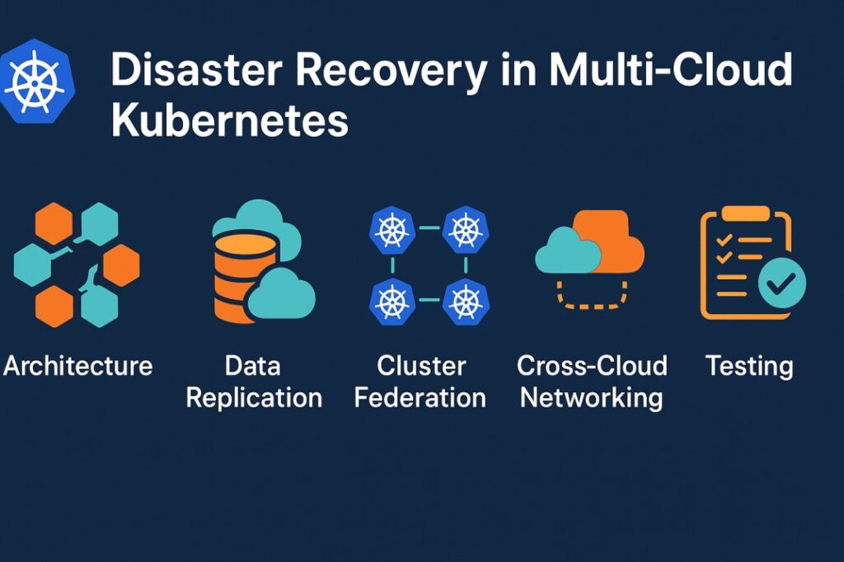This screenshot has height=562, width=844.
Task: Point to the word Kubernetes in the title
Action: point(229,120)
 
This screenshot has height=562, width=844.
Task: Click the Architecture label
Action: point(78,366)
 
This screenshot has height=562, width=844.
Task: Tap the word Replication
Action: point(254,397)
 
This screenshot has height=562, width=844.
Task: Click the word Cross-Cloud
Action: point(592,366)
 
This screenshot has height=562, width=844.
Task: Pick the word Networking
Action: point(592,397)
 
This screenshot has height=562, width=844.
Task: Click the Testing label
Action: point(749,366)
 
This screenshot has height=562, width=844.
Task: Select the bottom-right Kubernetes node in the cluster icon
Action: point(467,302)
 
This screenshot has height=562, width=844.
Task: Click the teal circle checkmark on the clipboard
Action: point(781,284)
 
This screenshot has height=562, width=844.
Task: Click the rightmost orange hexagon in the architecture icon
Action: point(121,265)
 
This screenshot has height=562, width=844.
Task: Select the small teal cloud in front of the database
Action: point(282,294)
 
